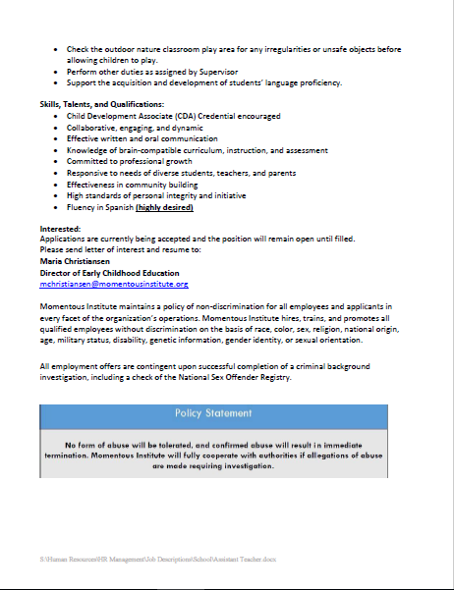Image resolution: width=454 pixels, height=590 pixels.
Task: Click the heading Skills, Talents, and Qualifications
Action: click(x=101, y=104)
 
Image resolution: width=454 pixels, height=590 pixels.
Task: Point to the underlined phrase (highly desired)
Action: click(x=164, y=207)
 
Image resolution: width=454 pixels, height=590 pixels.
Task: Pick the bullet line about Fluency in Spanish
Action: click(x=130, y=207)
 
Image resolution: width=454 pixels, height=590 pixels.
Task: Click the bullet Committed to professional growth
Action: click(x=123, y=162)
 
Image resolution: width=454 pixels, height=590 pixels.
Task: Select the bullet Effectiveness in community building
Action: click(x=132, y=185)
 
